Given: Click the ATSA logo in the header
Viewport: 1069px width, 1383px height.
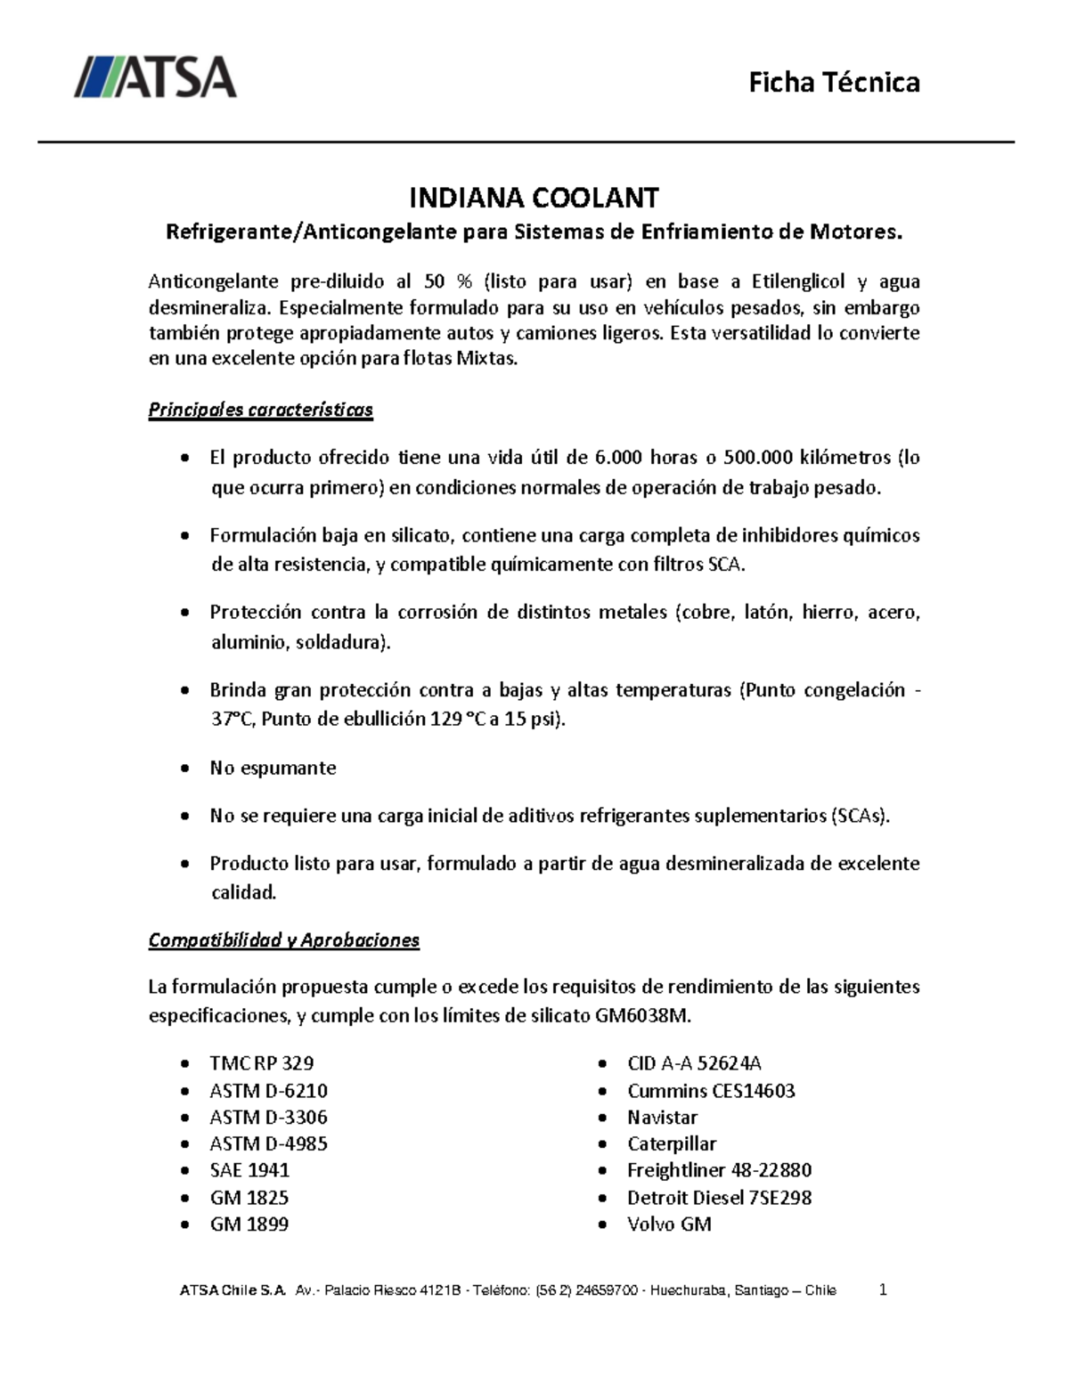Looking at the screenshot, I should click(x=155, y=77).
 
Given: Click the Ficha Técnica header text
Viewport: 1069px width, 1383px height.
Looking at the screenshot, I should click(x=834, y=83).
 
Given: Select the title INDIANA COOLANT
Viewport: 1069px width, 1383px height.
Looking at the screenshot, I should click(x=533, y=197).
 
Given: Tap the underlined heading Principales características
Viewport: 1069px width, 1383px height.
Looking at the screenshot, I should click(x=260, y=410).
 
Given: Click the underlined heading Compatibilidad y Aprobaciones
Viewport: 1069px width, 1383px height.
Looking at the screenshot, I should click(x=283, y=940).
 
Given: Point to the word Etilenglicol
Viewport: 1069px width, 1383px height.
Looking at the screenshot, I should click(x=797, y=281).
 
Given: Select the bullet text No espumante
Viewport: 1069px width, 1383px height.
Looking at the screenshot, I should click(x=273, y=768).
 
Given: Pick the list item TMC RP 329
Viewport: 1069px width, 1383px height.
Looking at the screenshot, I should click(x=261, y=1062).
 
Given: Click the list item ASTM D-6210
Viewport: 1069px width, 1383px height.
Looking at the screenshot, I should click(x=268, y=1090).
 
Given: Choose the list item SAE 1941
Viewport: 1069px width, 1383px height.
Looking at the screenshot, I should click(x=249, y=1170).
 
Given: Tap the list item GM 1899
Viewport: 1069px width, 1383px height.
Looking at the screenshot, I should click(x=249, y=1224).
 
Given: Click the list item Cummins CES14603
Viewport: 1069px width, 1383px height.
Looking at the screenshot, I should click(x=711, y=1090).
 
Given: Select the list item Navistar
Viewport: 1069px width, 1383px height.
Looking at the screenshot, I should click(x=662, y=1117).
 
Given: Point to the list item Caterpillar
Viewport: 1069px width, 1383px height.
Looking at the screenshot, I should click(x=672, y=1143).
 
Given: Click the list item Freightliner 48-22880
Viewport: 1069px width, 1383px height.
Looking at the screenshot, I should click(x=719, y=1170).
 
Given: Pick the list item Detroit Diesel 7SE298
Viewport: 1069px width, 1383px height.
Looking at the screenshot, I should click(x=719, y=1197).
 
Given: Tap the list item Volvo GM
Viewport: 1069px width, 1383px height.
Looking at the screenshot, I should click(x=669, y=1224).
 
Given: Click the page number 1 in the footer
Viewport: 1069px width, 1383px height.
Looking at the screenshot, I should click(x=883, y=1289).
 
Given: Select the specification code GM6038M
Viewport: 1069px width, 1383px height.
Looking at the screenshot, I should click(x=641, y=1016).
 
